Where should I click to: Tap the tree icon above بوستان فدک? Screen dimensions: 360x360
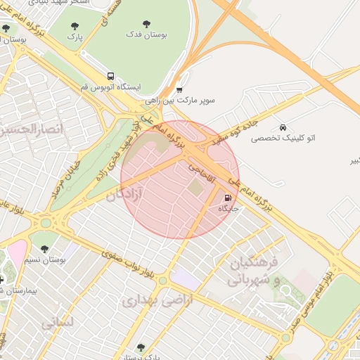point(146,24)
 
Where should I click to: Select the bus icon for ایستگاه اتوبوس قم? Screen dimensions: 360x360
point(110,76)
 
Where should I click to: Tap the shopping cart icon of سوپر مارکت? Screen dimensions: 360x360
point(179,89)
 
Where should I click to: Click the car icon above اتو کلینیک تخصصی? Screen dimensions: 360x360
point(283,128)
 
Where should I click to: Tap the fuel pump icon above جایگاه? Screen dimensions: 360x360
point(228,198)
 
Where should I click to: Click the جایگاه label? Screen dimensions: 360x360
point(229,209)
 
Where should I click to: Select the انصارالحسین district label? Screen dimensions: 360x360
point(32,130)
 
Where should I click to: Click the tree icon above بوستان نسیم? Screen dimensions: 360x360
point(45,249)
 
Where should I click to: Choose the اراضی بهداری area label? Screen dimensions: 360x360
point(147,301)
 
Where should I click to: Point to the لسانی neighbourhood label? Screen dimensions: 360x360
point(56,323)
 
